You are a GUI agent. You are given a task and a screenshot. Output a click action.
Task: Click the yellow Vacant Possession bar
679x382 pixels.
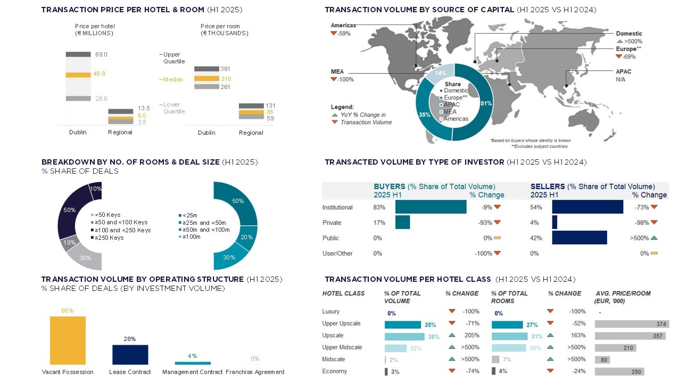(68, 340)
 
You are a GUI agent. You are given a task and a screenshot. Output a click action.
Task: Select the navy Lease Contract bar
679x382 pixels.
(130, 354)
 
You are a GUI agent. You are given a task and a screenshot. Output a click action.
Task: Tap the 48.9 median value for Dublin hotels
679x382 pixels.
(100, 74)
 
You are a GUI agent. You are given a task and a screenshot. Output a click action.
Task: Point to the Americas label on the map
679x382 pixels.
(343, 25)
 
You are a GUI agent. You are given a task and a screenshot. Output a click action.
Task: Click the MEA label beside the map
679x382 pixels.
(337, 71)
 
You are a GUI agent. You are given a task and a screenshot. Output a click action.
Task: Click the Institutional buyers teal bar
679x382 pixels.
(430, 207)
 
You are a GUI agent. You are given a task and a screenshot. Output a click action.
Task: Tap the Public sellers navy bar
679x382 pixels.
(579, 238)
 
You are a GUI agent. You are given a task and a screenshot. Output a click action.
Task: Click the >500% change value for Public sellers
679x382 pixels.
(640, 238)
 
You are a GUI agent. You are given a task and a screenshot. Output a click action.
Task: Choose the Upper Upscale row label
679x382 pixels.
(341, 323)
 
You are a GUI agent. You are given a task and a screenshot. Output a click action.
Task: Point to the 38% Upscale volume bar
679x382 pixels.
(404, 336)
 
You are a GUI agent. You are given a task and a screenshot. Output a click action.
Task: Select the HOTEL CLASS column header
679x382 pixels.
(343, 294)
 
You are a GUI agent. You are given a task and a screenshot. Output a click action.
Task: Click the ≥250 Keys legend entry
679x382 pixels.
(109, 238)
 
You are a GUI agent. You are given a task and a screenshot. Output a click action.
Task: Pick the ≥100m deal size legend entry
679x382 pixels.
(192, 237)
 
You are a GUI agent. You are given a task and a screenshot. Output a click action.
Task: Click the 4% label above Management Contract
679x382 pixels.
(193, 356)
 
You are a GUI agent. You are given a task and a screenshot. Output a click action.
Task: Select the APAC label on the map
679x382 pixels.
(623, 71)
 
